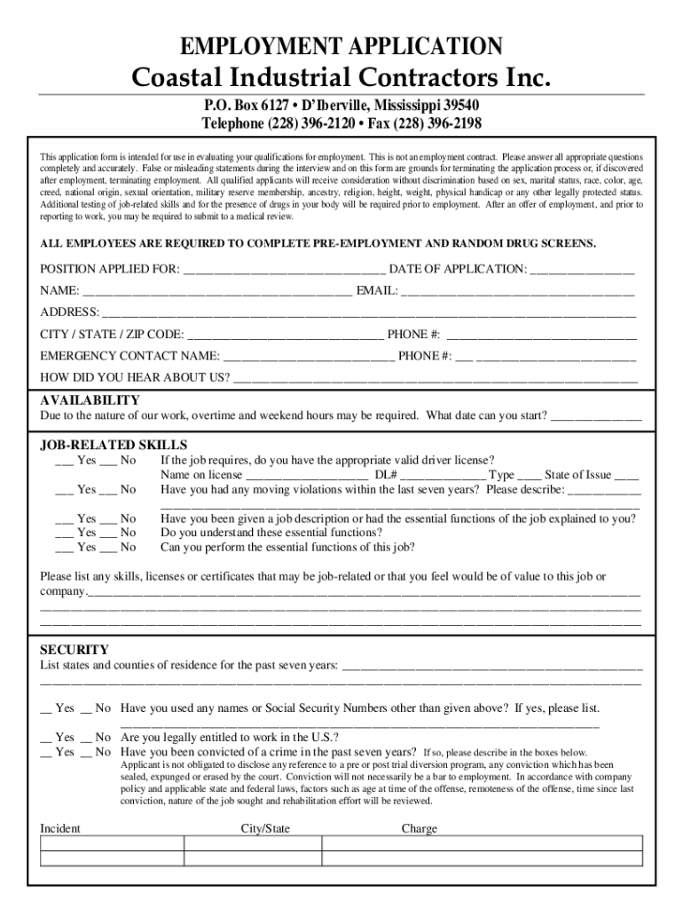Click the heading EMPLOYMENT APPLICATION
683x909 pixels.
[341, 45]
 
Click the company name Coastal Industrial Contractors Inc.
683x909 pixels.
[341, 79]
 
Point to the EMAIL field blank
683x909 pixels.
[518, 292]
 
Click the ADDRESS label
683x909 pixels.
[69, 312]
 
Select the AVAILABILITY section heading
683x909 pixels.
[90, 400]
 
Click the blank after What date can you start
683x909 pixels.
[596, 416]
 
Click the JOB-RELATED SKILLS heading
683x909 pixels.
[114, 445]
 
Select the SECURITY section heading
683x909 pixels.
[75, 650]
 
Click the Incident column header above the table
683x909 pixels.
[60, 828]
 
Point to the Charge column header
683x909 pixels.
[420, 828]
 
